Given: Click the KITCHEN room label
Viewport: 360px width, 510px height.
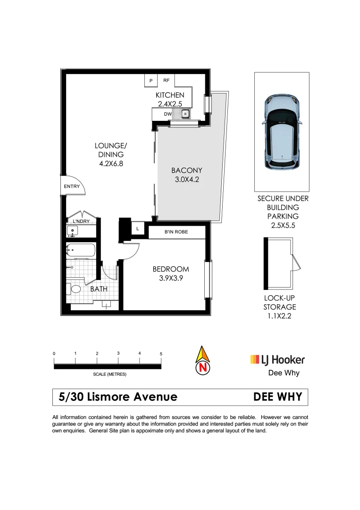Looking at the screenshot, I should tap(170, 95).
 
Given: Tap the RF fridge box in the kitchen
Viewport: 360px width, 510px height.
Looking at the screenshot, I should tap(166, 81).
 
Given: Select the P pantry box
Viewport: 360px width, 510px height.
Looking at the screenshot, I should tap(151, 81).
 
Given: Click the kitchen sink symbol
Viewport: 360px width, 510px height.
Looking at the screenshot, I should tap(185, 114).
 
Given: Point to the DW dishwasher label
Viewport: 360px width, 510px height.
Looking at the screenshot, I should tap(167, 114).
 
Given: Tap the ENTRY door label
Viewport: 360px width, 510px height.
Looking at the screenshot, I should tap(72, 187).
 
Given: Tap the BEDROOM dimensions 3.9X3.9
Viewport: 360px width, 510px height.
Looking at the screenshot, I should tap(170, 278).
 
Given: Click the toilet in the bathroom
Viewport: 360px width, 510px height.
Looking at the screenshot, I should tap(75, 289).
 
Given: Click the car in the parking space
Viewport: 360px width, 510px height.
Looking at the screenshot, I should tap(282, 132).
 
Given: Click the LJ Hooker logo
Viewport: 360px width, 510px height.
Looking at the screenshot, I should tap(277, 360).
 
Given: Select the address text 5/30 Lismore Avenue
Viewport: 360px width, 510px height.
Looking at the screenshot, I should tap(118, 397).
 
